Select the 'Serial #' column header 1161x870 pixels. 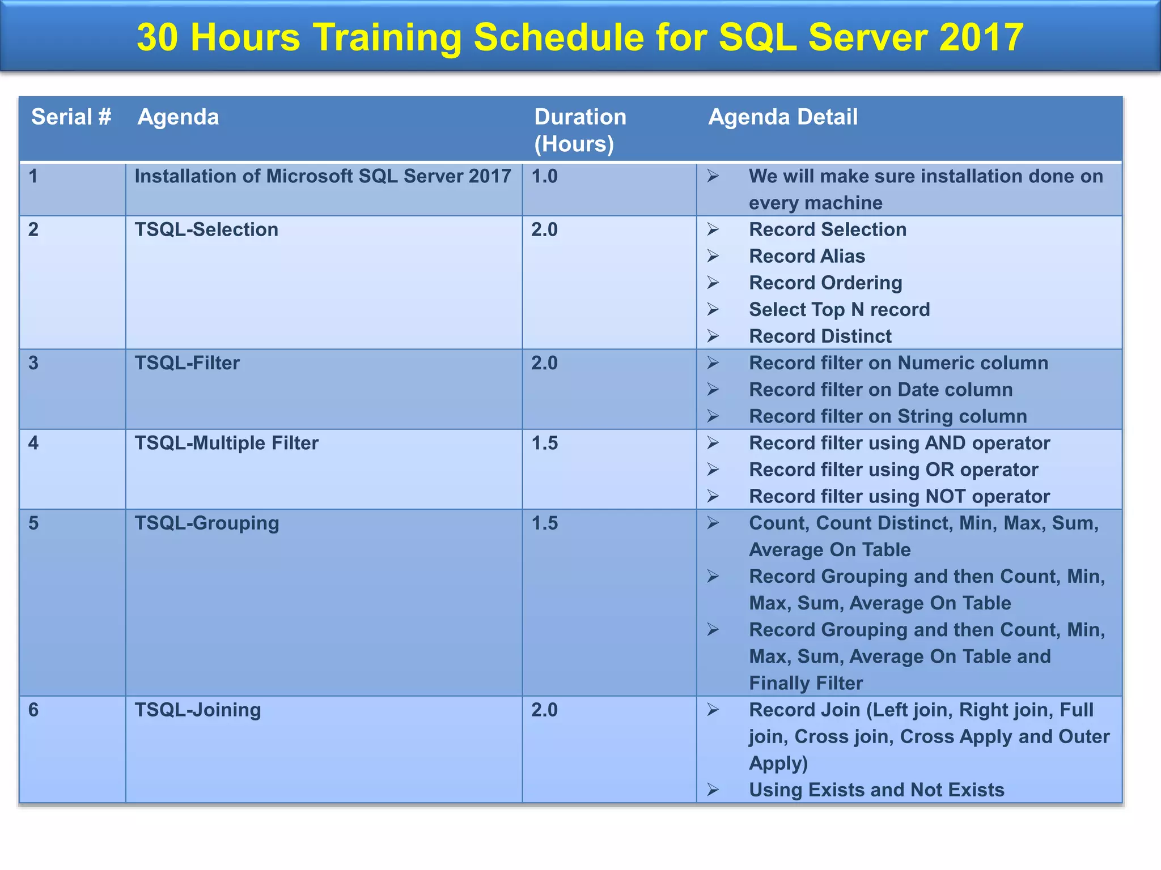coord(71,117)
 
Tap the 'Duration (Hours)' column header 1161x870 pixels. coord(579,130)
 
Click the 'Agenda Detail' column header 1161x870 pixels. coord(782,117)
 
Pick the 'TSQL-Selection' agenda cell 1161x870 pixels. coord(206,229)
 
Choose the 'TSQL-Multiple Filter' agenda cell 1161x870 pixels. coord(226,443)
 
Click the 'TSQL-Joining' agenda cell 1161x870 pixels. coord(197,710)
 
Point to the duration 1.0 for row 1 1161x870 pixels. coord(544,176)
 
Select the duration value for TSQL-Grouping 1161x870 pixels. coord(544,523)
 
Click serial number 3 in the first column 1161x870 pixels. coord(33,362)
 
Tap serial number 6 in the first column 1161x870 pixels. coord(33,710)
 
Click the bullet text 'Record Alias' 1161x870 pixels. coord(807,256)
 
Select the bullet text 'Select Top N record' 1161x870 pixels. coord(839,309)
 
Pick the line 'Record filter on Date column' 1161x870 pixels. coord(880,390)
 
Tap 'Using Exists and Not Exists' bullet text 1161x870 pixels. coord(876,790)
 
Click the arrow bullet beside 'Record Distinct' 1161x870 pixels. coord(713,336)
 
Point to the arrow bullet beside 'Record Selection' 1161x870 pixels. coord(713,229)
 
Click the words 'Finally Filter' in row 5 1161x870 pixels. coord(806,683)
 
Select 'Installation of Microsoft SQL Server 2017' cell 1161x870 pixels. coord(323,176)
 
